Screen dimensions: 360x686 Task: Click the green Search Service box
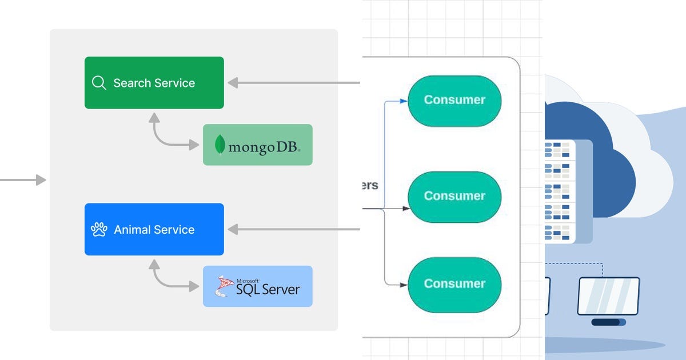[154, 83]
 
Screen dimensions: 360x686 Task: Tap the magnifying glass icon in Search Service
[99, 83]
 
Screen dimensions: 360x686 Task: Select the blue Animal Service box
[154, 230]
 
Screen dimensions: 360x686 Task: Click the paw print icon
[99, 230]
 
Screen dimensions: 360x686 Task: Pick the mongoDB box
[257, 145]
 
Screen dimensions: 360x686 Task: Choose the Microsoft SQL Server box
[257, 286]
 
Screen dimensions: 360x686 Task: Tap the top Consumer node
[454, 100]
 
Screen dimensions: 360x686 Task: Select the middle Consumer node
[454, 197]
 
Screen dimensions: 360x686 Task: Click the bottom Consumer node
[454, 284]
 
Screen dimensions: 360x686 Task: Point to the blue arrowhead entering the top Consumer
[404, 101]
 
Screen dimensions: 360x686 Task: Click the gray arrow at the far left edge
[23, 180]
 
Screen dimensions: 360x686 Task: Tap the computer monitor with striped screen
[608, 297]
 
